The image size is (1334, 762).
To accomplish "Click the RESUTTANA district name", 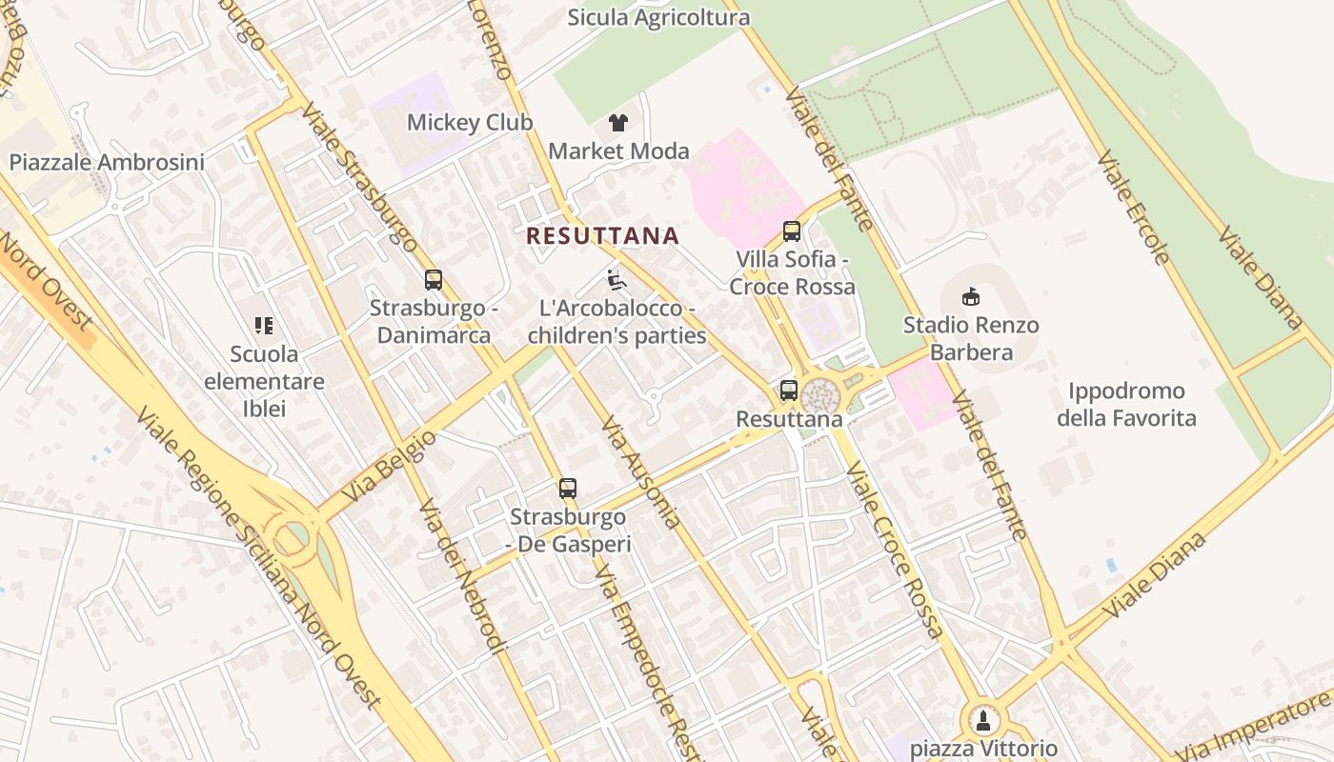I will tap(602, 235).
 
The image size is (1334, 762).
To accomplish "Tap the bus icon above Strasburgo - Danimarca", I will tap(434, 280).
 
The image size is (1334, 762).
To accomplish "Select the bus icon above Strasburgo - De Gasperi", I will tap(568, 489).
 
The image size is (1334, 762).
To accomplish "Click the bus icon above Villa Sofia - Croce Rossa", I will tap(792, 231).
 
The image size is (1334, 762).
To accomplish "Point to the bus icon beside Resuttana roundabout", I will tap(789, 390).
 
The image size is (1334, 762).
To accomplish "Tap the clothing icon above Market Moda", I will tap(618, 123).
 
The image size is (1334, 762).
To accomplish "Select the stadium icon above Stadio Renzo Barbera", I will tap(971, 296).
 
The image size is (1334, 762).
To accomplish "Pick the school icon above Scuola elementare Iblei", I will tap(264, 327).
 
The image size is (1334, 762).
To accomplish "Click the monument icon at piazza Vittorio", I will tap(984, 719).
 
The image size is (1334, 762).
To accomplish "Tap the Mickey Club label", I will tap(470, 123).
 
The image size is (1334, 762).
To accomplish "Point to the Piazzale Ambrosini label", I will tap(107, 162).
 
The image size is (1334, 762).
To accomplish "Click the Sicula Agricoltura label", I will tap(658, 17).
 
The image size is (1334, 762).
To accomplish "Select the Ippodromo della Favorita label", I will tap(1126, 404).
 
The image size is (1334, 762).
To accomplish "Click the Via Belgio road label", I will tap(389, 466).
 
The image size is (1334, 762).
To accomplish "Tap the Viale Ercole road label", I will tap(1133, 208).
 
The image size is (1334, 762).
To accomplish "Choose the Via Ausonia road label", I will tap(642, 473).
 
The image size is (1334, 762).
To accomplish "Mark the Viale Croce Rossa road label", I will tap(895, 550).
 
